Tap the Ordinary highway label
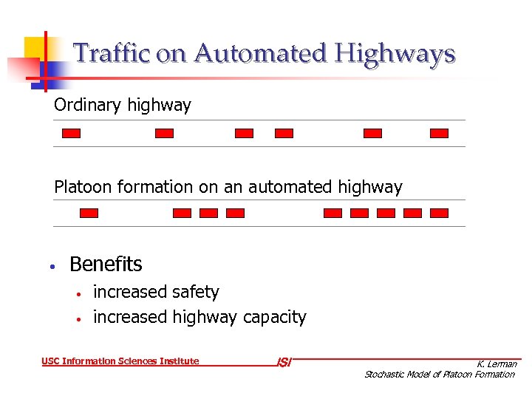(123, 106)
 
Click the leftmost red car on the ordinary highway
(71, 134)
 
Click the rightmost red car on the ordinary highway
(439, 134)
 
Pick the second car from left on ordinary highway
(164, 134)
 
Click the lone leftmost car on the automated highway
(89, 213)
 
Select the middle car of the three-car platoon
(208, 213)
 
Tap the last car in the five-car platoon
(439, 213)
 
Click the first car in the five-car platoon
(333, 213)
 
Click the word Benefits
(106, 265)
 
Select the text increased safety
(156, 293)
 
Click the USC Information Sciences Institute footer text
(120, 361)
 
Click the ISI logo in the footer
(284, 362)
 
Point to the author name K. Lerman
(497, 364)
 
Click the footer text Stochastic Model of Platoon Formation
(440, 375)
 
